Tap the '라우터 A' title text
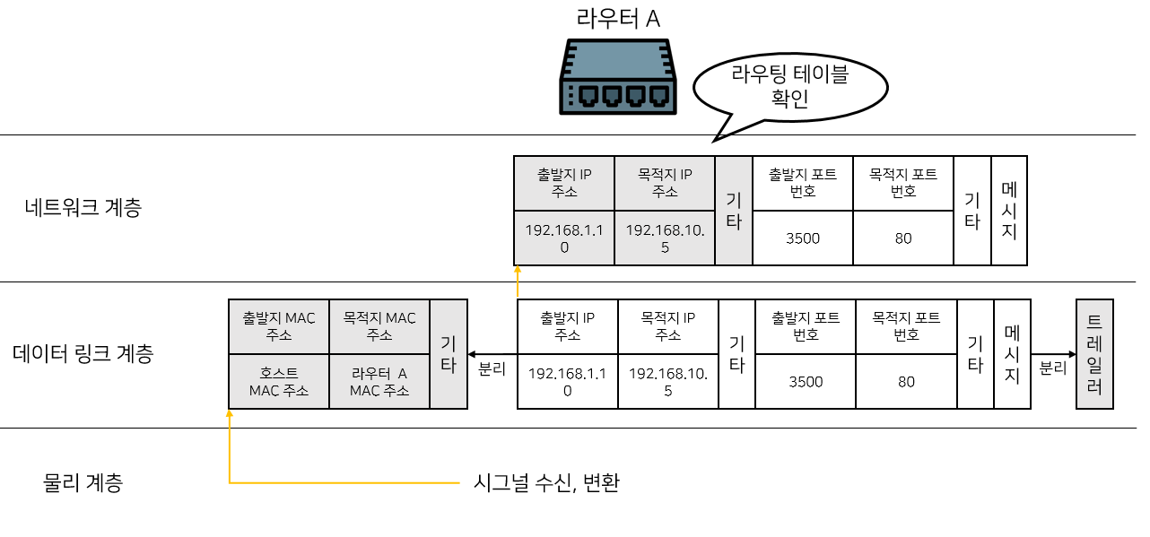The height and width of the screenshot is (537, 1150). (618, 18)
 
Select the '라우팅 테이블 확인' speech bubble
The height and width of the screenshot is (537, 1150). (789, 87)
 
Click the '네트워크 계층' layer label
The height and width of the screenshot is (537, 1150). (83, 208)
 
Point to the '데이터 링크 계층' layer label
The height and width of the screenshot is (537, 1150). (83, 353)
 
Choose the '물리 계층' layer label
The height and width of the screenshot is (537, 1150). (83, 483)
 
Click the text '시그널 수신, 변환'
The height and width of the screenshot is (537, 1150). (546, 483)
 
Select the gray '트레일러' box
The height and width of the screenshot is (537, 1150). (1093, 354)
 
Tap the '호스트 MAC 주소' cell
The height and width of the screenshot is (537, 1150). (279, 382)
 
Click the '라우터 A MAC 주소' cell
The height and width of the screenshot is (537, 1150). (379, 382)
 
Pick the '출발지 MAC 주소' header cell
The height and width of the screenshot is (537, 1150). (279, 326)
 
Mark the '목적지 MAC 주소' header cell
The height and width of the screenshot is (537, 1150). (379, 326)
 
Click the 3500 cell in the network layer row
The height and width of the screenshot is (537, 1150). (802, 238)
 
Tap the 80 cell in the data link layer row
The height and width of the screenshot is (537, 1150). (906, 382)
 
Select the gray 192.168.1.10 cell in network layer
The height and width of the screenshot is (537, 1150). (564, 238)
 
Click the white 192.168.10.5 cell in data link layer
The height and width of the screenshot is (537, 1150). (667, 382)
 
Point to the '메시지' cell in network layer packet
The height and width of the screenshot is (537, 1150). (1009, 211)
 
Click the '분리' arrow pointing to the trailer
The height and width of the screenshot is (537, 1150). (1053, 368)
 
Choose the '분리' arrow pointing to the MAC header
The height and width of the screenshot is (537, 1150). (492, 368)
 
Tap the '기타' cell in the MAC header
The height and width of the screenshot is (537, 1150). (449, 354)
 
